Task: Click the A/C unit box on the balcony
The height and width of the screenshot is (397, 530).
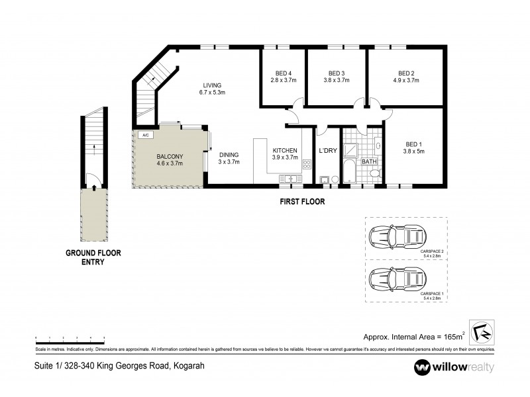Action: point(144,135)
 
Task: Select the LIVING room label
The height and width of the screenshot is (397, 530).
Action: point(212,85)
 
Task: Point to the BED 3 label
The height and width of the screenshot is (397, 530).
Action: point(336,73)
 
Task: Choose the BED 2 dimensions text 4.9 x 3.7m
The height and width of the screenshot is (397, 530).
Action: point(406,80)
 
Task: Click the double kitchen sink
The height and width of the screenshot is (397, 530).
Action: point(290,178)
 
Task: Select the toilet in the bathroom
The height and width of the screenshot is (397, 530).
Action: point(374,174)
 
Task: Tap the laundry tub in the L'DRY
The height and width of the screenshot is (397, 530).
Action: point(325,179)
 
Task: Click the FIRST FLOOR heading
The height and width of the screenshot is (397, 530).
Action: point(302,202)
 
